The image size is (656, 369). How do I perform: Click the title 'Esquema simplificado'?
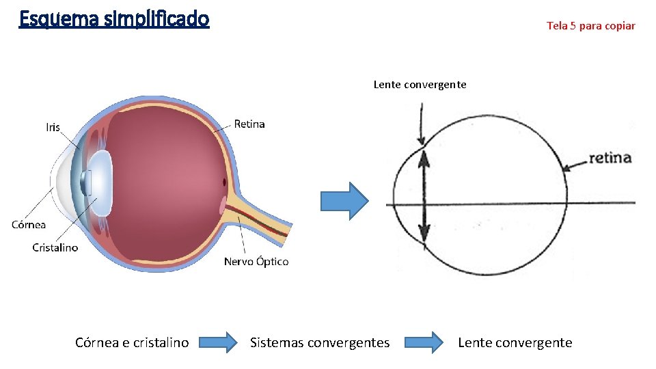click(x=114, y=18)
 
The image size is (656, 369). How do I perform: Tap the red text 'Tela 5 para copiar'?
click(x=590, y=26)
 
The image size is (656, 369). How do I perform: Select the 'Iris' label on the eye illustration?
click(x=53, y=127)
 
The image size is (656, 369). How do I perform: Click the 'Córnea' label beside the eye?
click(x=29, y=224)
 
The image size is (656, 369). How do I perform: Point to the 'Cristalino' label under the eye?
click(x=55, y=247)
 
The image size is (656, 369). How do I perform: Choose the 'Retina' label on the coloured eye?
click(x=249, y=124)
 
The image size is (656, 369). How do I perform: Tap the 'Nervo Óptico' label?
click(x=256, y=262)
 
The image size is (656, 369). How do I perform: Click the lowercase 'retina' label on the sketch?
click(x=610, y=158)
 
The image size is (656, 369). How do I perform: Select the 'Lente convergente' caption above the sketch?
click(x=420, y=85)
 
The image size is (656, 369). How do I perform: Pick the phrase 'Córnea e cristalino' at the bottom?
click(x=132, y=342)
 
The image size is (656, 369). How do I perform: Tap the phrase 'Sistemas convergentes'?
click(x=320, y=342)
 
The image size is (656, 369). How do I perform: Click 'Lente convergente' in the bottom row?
click(x=515, y=342)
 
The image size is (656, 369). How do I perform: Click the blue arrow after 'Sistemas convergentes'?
click(x=423, y=342)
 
